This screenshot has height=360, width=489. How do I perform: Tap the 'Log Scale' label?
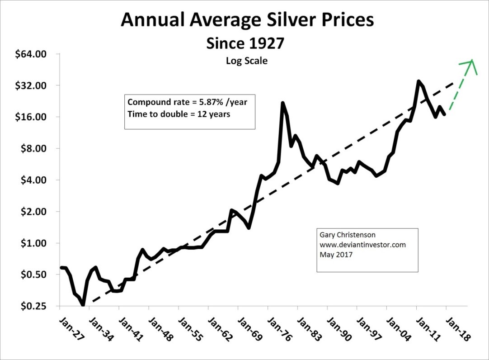tap(246, 60)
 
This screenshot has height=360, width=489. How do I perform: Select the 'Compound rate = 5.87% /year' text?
tap(188, 102)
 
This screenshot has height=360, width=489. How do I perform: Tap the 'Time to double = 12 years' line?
tap(179, 114)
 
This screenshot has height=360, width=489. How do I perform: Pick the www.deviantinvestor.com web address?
tap(362, 245)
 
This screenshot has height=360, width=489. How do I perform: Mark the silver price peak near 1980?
tap(282, 103)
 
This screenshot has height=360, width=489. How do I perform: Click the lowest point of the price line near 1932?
tap(83, 305)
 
